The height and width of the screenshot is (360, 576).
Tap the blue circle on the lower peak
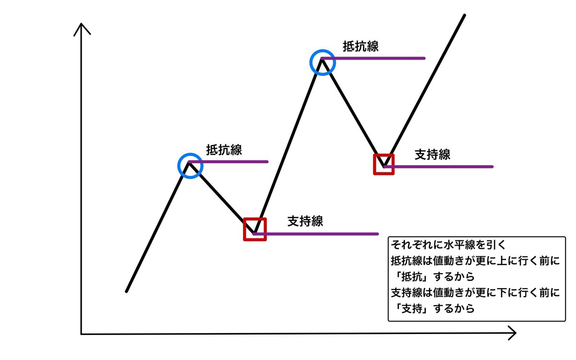(190, 166)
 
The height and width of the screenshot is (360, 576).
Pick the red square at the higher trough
(384, 164)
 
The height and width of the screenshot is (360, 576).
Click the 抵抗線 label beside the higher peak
(360, 47)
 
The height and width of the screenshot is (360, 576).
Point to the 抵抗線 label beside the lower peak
(224, 149)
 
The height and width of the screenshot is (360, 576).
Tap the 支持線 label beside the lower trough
(305, 221)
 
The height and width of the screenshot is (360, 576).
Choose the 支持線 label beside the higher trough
(432, 155)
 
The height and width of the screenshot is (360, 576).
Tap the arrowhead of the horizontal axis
(512, 333)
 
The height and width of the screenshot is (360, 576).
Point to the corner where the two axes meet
(82, 333)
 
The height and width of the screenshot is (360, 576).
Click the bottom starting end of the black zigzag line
(127, 290)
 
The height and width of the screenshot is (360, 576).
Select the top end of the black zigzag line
(464, 16)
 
